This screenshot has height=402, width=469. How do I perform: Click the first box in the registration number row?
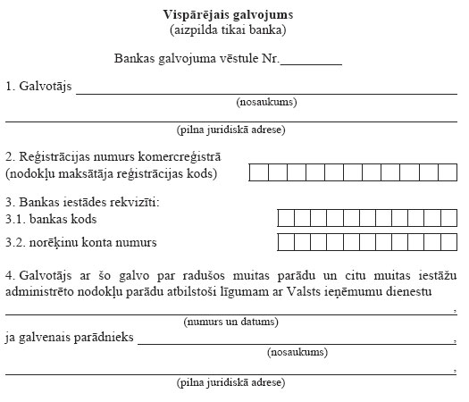coord(258,172)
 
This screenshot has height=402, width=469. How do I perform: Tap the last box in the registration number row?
coord(449,172)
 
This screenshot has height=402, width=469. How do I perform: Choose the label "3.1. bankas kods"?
coord(51,219)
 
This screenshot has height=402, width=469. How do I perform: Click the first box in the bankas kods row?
coord(285,218)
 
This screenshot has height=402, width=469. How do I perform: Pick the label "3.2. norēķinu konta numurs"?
coord(81,242)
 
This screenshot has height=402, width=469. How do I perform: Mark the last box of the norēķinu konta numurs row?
coord(449,241)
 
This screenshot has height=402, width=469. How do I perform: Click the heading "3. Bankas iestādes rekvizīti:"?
coord(81,202)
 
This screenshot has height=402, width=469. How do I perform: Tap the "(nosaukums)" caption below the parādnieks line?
coord(297,351)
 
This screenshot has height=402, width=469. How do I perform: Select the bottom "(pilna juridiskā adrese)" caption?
coord(230,381)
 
